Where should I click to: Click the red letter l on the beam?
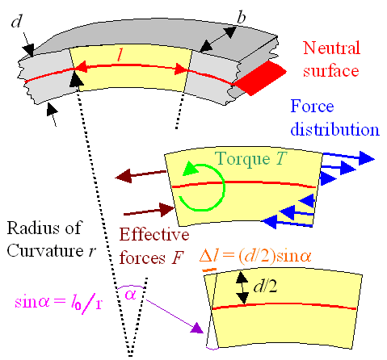pos(120,56)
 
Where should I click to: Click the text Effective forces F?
pos(167,245)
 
